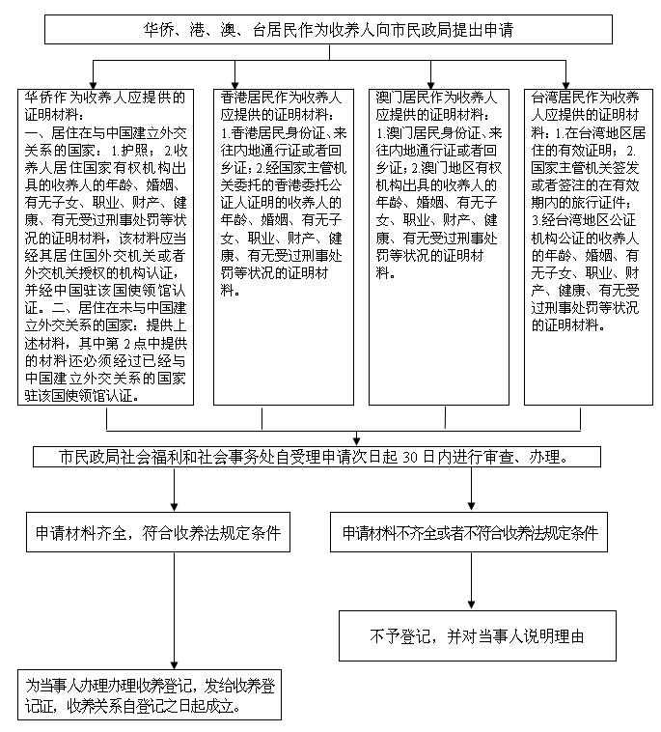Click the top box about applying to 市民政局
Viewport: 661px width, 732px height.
tap(327, 30)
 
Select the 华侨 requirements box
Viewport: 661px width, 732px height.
tap(106, 246)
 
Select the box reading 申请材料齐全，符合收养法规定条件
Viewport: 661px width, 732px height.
tap(157, 532)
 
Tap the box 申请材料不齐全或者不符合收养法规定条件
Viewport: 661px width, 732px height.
tap(470, 532)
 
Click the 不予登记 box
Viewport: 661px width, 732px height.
tap(477, 635)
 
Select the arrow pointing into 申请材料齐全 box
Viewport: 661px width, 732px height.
tap(174, 508)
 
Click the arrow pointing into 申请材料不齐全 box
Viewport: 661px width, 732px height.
tap(471, 508)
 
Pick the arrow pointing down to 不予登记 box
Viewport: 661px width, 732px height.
tap(471, 605)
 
